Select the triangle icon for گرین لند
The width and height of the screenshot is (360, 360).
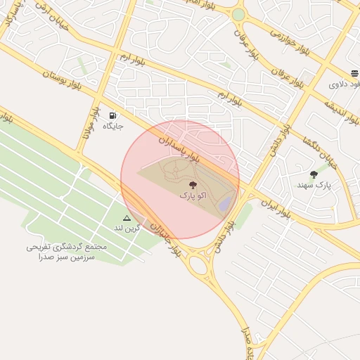point(127,218)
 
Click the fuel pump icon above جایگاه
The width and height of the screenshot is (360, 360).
point(112,115)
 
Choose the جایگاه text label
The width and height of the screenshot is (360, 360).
point(113,126)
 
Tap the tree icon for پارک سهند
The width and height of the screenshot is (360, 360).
point(314,174)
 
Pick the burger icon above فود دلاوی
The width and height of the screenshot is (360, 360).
point(354,73)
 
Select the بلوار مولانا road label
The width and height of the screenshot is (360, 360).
point(91,120)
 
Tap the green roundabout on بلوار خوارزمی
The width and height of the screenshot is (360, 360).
point(238,14)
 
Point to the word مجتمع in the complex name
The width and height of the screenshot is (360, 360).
point(94,247)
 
